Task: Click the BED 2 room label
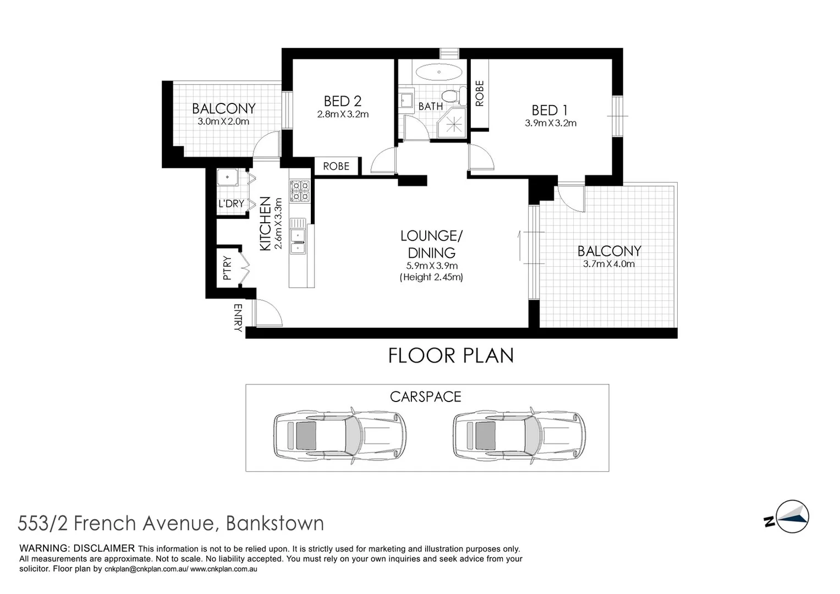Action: pyautogui.click(x=342, y=101)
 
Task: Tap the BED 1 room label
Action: pyautogui.click(x=550, y=110)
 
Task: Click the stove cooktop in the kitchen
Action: pyautogui.click(x=300, y=191)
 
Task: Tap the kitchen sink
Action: pyautogui.click(x=298, y=235)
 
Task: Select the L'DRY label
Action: pyautogui.click(x=231, y=204)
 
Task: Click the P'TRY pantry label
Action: pyautogui.click(x=228, y=269)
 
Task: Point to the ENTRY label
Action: pyautogui.click(x=238, y=318)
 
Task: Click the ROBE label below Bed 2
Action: pyautogui.click(x=336, y=166)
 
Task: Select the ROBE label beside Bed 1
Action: pyautogui.click(x=480, y=94)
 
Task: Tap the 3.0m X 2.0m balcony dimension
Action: pyautogui.click(x=223, y=122)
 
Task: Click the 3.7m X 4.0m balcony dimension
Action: pyautogui.click(x=608, y=264)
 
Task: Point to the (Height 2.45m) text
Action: pyautogui.click(x=431, y=277)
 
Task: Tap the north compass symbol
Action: pyautogui.click(x=790, y=517)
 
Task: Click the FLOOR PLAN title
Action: pyautogui.click(x=451, y=356)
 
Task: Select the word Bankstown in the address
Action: pyautogui.click(x=275, y=523)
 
